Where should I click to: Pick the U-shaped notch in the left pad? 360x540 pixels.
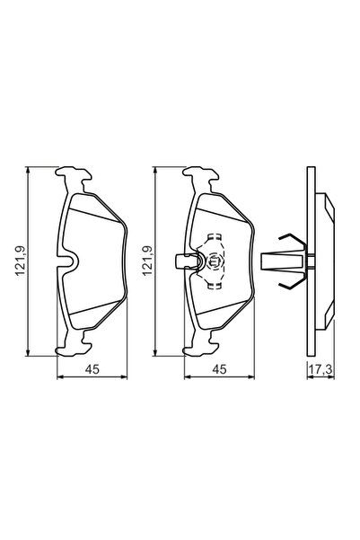coord(74,261)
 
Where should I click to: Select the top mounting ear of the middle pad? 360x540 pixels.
coord(201,176)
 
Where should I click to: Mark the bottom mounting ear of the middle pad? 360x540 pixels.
coord(201,346)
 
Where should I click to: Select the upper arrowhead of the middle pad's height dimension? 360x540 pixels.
coord(158,171)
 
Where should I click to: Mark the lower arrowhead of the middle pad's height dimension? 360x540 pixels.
coord(158,353)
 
